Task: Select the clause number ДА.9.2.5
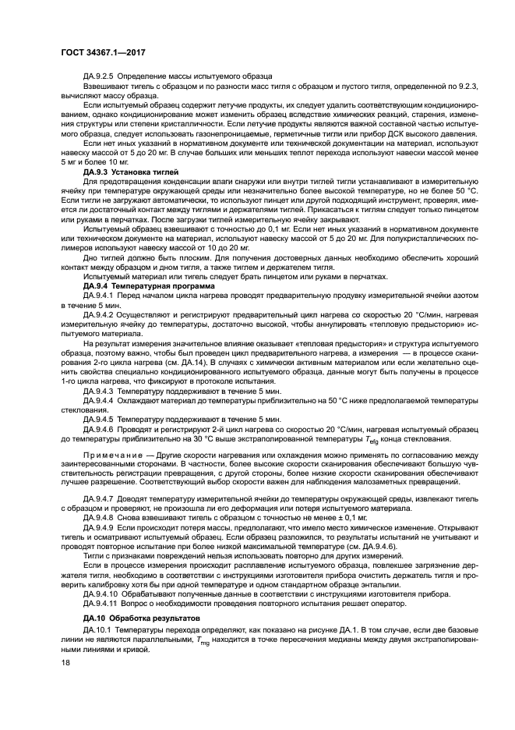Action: coord(99,76)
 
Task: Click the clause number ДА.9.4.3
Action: coord(99,389)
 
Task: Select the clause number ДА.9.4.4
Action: coord(99,400)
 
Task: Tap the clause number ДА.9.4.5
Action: coord(99,419)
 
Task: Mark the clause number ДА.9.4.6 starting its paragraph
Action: coord(99,429)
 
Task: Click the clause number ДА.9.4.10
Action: coord(101,593)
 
